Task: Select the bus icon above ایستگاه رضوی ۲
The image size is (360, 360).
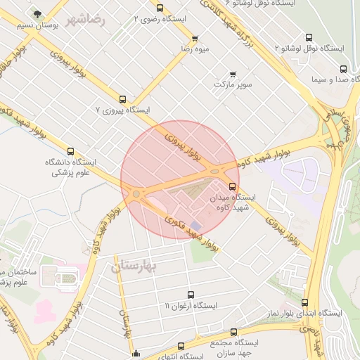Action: tap(160, 8)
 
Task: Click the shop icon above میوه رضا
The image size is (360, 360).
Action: tap(194, 38)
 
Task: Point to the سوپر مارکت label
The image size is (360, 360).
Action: tap(233, 84)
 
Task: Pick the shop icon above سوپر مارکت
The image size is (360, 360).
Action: tap(233, 73)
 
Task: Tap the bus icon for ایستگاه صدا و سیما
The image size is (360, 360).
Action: tap(343, 70)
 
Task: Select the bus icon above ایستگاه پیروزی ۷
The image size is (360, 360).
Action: tap(134, 99)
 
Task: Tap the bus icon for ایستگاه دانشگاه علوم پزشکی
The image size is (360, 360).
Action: tap(70, 150)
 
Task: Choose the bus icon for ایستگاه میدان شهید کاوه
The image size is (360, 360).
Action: tap(233, 186)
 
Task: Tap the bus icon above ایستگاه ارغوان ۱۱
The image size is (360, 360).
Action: tap(191, 295)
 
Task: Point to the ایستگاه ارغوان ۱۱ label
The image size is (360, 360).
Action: tap(191, 306)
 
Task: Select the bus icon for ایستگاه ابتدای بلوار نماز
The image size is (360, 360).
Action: tap(304, 302)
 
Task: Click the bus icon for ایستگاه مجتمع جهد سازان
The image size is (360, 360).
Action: tap(234, 332)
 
